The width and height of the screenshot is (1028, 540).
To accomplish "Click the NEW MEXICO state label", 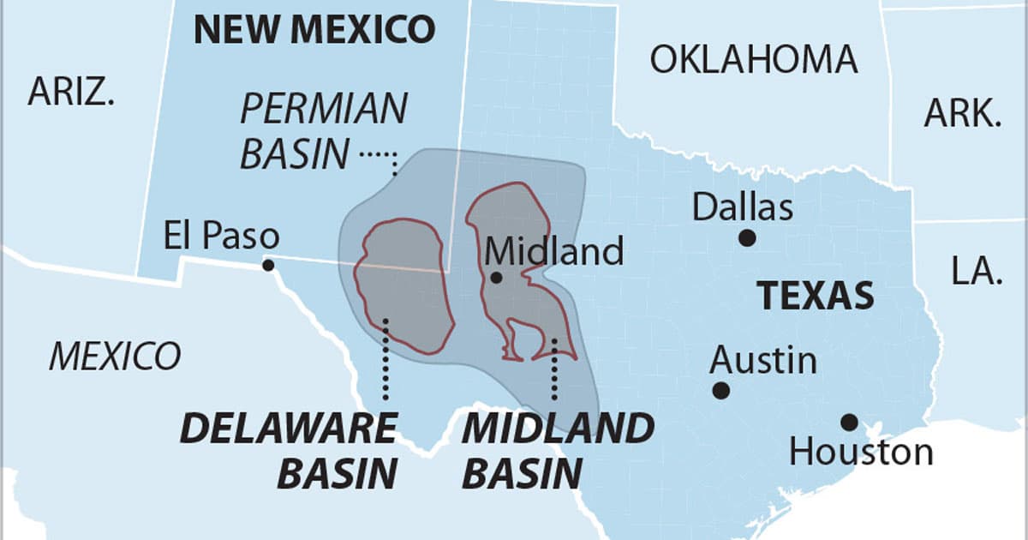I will pyautogui.click(x=314, y=30).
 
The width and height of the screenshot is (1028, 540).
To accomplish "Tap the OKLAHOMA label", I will pyautogui.click(x=753, y=59).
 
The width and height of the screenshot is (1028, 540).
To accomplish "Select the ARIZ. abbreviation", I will pyautogui.click(x=71, y=92).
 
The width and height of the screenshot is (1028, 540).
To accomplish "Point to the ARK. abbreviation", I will pyautogui.click(x=963, y=113).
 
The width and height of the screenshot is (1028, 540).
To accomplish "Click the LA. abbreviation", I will pyautogui.click(x=976, y=271).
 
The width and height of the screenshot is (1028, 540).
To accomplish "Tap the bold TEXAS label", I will pyautogui.click(x=815, y=296).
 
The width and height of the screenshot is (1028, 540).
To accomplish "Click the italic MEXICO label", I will pyautogui.click(x=115, y=356).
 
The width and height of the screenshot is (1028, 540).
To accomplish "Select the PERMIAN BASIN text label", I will pyautogui.click(x=323, y=132).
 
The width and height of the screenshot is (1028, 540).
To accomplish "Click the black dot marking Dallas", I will pyautogui.click(x=748, y=237).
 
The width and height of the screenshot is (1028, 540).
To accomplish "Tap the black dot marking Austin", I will pyautogui.click(x=721, y=391).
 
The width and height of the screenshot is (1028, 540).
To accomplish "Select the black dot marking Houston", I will pyautogui.click(x=848, y=422).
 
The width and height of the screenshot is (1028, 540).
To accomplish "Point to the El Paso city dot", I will pyautogui.click(x=268, y=266).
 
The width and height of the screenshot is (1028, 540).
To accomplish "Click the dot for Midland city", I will pyautogui.click(x=496, y=278).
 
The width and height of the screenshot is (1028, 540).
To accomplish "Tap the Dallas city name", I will pyautogui.click(x=743, y=207).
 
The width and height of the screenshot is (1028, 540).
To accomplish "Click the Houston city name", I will pyautogui.click(x=860, y=452).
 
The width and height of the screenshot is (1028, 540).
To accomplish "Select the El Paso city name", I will pyautogui.click(x=221, y=237).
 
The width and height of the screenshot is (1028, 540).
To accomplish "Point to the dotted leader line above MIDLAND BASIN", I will pyautogui.click(x=554, y=369).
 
